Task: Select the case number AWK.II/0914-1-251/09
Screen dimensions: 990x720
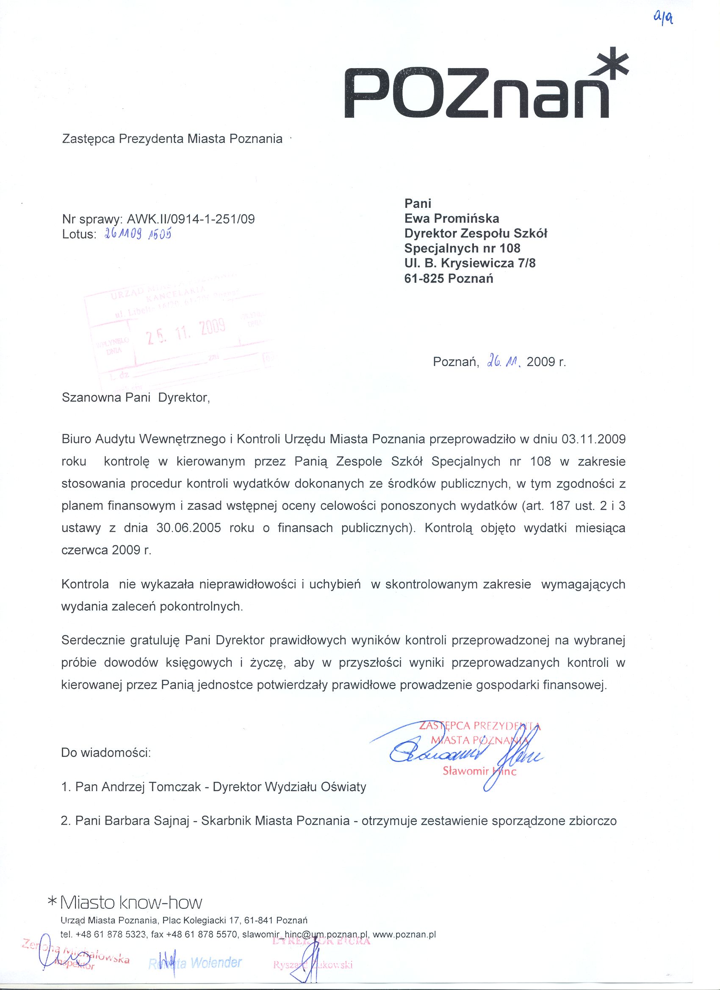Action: click(x=191, y=219)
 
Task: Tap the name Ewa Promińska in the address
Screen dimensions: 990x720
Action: click(x=451, y=218)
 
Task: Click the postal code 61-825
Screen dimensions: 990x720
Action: click(x=424, y=278)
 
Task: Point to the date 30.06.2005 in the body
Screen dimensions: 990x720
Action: click(x=188, y=528)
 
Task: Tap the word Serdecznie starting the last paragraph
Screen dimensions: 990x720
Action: click(x=93, y=641)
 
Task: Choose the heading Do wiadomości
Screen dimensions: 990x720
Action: click(x=106, y=753)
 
